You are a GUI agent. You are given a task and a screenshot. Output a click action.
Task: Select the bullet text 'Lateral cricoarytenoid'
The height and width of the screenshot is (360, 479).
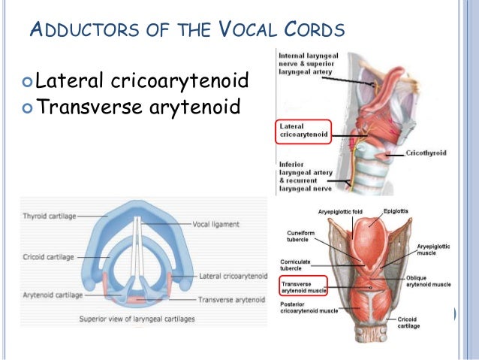pos(142,80)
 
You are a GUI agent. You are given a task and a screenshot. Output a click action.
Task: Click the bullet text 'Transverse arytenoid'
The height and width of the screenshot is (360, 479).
pos(138,107)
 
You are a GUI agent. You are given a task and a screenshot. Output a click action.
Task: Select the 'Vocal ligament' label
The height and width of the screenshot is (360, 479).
pos(215,224)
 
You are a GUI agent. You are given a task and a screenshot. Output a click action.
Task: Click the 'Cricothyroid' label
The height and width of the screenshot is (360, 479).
pos(426,153)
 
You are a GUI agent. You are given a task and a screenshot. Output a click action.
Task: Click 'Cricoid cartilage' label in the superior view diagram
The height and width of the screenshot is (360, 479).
pos(49,257)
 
